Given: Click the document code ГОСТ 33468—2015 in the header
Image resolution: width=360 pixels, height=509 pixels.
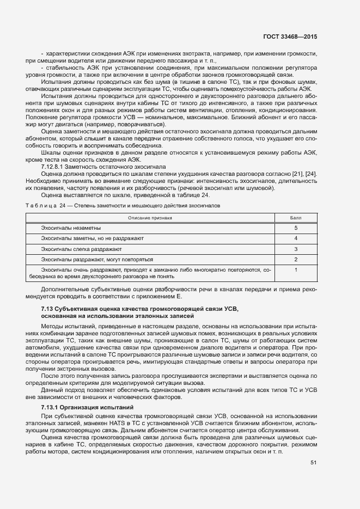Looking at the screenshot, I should (290, 37).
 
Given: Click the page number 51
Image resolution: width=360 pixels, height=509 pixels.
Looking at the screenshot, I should (313, 463).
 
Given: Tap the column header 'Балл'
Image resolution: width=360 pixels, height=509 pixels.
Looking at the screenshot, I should (296, 217).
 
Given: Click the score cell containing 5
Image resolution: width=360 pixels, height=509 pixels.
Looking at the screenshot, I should (296, 228).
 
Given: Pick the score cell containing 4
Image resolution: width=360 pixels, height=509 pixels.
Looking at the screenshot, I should (296, 238).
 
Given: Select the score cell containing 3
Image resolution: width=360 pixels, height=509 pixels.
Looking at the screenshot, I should (296, 249).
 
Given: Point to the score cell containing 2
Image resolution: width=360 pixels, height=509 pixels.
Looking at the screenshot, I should (296, 259).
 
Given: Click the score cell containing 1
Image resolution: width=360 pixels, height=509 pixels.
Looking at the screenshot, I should (296, 269).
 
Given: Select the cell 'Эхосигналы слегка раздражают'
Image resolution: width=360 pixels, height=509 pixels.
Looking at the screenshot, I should (82, 249).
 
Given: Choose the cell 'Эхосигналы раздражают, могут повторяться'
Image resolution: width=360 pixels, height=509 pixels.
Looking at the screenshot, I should (97, 259).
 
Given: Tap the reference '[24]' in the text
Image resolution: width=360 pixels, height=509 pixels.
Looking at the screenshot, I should (310, 174).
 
